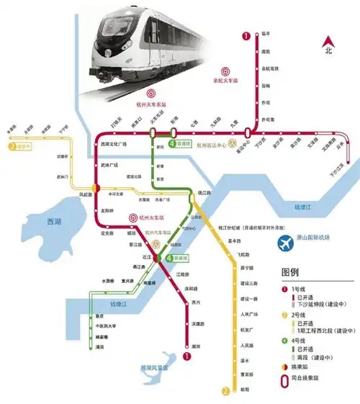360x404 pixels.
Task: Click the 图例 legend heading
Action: tap(291, 273)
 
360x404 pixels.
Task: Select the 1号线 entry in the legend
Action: tap(302, 287)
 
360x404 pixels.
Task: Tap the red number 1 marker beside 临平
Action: tap(246, 35)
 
